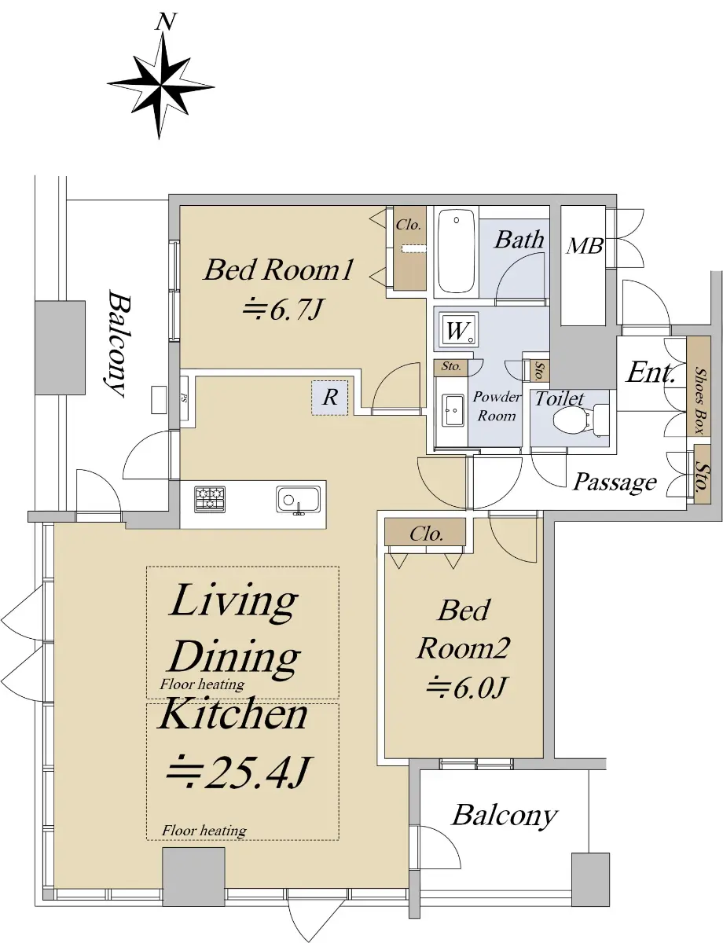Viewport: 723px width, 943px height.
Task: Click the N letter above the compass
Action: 165,22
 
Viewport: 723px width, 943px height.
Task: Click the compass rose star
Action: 161,86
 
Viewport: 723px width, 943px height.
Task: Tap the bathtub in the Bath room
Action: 455,251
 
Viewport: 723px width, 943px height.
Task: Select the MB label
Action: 585,246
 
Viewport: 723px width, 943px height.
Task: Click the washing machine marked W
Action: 458,329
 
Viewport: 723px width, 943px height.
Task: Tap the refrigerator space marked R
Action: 330,398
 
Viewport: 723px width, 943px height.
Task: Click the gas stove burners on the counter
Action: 210,499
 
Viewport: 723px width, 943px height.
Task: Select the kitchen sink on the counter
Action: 298,501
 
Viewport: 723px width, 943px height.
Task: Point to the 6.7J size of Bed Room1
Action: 284,310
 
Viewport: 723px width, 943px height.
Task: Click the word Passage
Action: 614,483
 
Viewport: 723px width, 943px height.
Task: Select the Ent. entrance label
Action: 650,372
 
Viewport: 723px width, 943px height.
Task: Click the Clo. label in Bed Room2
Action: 426,534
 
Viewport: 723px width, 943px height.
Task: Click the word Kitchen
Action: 233,716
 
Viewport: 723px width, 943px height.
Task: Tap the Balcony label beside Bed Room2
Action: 504,816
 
